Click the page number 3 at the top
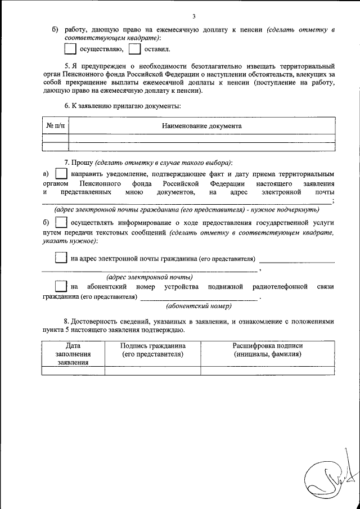(x=194, y=16)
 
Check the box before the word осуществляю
(x=69, y=49)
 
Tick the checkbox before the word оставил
(x=134, y=49)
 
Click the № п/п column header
(x=55, y=126)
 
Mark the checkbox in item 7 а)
(x=61, y=175)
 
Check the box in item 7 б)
(x=61, y=223)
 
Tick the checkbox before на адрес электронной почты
(x=61, y=258)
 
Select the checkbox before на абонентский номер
(x=61, y=287)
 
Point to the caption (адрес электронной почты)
(x=150, y=277)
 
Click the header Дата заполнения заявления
(x=73, y=354)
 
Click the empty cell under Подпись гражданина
(x=152, y=370)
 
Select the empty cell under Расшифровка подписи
(x=267, y=370)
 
